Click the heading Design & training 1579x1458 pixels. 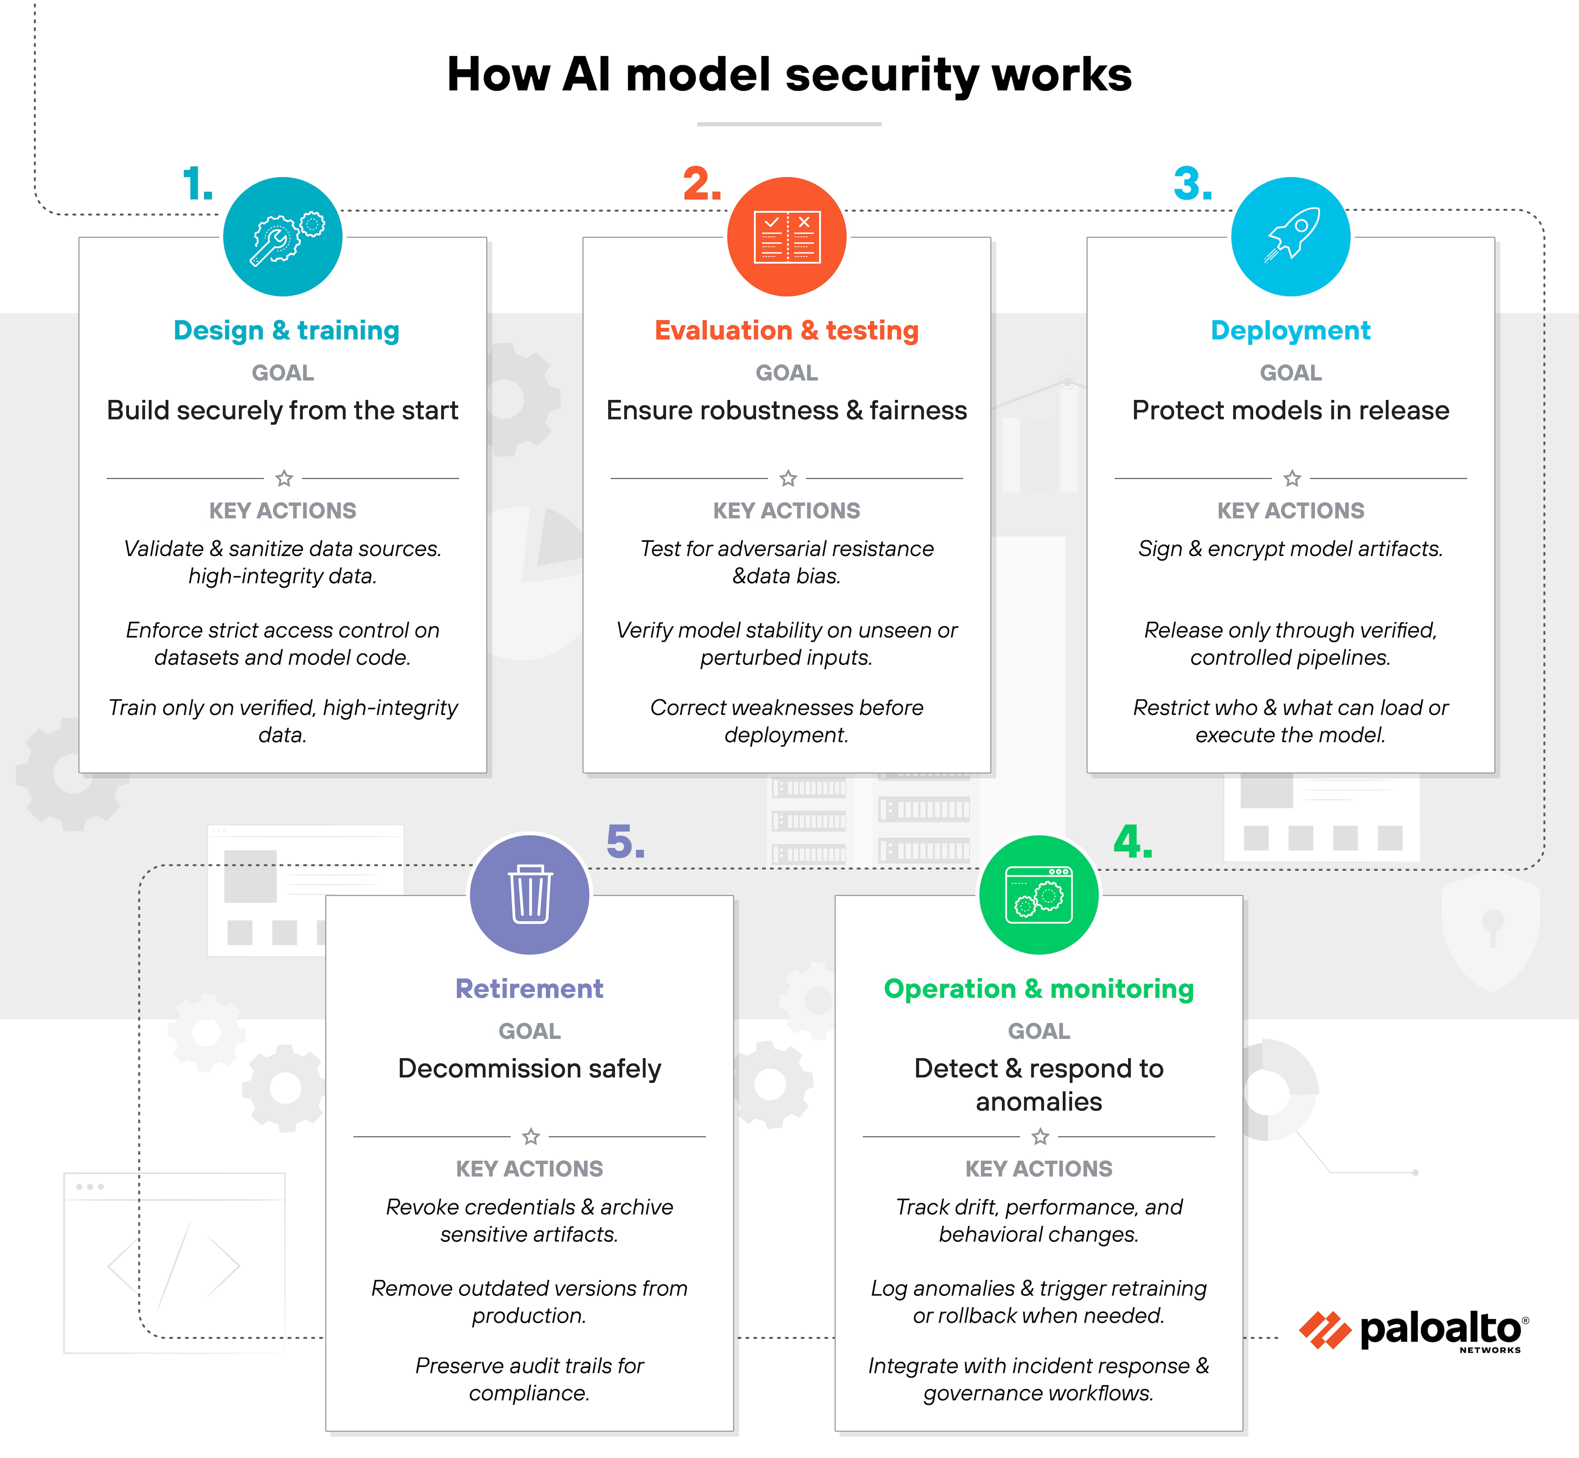coord(286,330)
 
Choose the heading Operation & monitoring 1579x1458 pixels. coord(1039,989)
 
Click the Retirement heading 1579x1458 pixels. coord(529,989)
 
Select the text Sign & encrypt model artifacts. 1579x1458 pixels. coord(1290,549)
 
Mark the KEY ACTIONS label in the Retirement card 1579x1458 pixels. coord(529,1168)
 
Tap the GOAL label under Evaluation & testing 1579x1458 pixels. coord(786,372)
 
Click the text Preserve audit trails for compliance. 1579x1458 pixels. coord(529,1379)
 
